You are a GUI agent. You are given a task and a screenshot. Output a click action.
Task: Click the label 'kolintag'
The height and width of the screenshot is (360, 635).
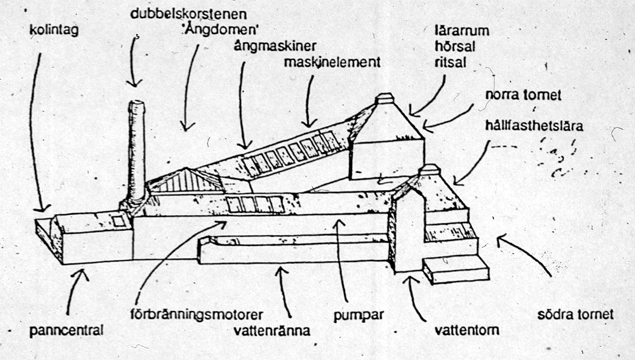click(53, 29)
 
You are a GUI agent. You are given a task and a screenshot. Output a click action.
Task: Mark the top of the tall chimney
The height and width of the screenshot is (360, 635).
click(137, 104)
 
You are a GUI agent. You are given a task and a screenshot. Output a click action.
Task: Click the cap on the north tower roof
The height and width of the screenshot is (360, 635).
click(385, 99)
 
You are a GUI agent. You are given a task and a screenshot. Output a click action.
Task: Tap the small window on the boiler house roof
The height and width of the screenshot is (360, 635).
click(119, 220)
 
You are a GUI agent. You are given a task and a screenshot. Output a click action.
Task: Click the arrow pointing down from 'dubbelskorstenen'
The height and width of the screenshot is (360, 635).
click(134, 61)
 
